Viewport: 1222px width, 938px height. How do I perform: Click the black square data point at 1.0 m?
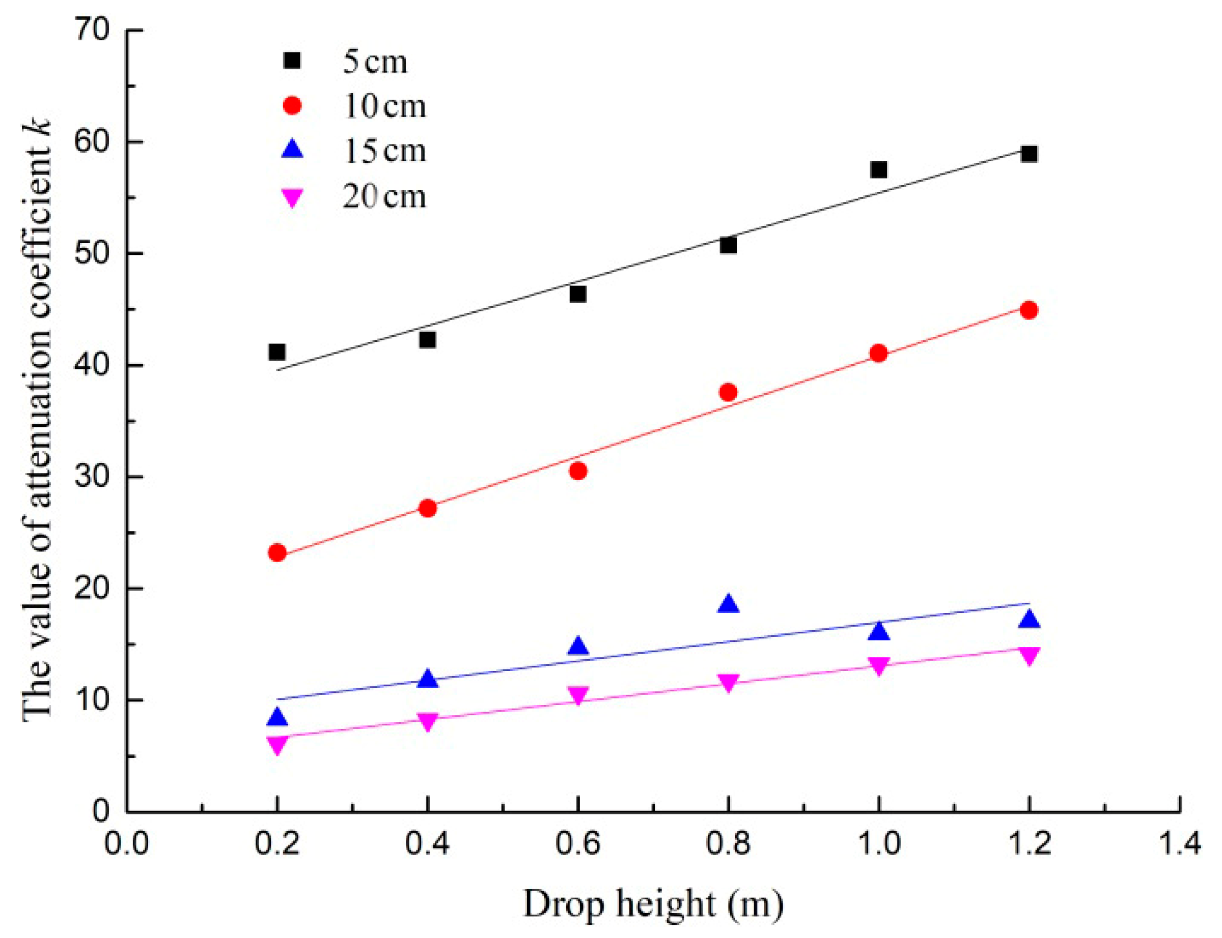[x=878, y=169]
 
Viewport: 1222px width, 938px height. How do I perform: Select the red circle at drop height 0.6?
[x=578, y=471]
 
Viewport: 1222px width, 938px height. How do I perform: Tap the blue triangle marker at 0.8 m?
[x=728, y=604]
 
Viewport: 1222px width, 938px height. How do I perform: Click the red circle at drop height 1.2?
[x=1029, y=310]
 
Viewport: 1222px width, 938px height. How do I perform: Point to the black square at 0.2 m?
[x=277, y=352]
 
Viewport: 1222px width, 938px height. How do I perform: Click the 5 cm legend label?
[x=374, y=62]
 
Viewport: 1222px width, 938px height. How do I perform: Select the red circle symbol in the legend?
[x=292, y=105]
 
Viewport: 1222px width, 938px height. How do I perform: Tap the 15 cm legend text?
[x=384, y=151]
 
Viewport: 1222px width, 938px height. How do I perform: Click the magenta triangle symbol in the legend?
[x=292, y=197]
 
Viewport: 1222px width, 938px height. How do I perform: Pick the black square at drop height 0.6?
[x=578, y=294]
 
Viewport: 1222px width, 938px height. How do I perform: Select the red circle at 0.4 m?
[x=428, y=508]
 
